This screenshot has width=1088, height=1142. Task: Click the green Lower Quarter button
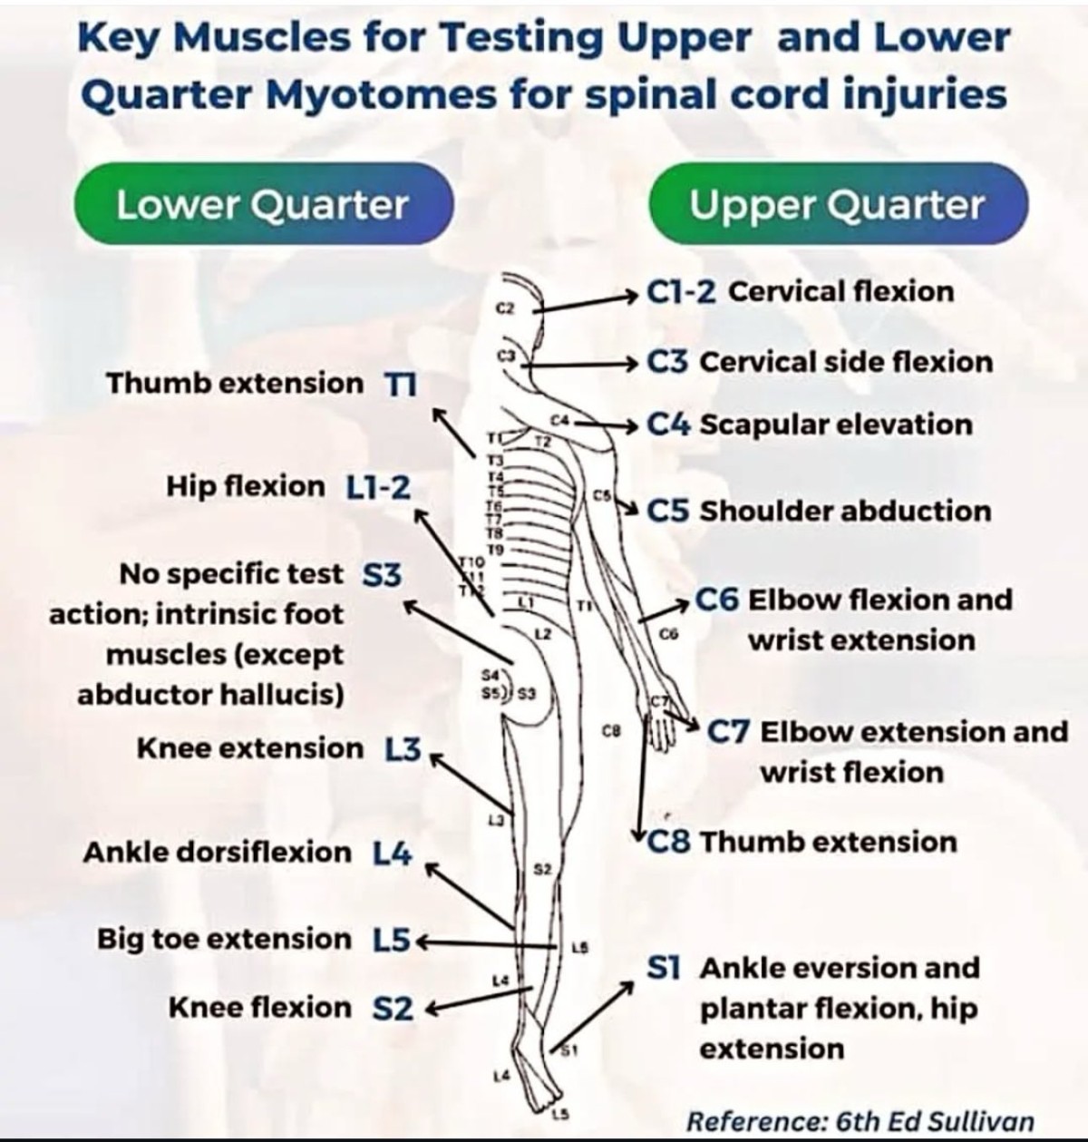pyautogui.click(x=262, y=205)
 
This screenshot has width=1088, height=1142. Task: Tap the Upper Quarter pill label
pyautogui.click(x=837, y=205)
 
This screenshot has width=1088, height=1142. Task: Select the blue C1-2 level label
pyautogui.click(x=682, y=292)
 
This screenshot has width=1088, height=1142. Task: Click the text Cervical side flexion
pyautogui.click(x=846, y=362)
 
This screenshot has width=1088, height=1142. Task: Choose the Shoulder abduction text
pyautogui.click(x=845, y=511)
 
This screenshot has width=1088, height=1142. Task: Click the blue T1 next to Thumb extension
pyautogui.click(x=399, y=384)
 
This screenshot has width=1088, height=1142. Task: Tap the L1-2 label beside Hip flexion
pyautogui.click(x=378, y=488)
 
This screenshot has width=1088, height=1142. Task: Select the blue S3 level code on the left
pyautogui.click(x=382, y=575)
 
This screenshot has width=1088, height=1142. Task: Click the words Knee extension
pyautogui.click(x=249, y=748)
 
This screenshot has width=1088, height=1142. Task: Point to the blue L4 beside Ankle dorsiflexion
pyautogui.click(x=393, y=854)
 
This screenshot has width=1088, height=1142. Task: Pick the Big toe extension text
pyautogui.click(x=224, y=939)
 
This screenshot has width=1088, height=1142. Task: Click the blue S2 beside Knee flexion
pyautogui.click(x=393, y=1009)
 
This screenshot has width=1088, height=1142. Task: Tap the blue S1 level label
pyautogui.click(x=664, y=968)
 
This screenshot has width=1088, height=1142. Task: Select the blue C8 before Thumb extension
pyautogui.click(x=670, y=843)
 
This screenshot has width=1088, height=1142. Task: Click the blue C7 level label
pyautogui.click(x=728, y=732)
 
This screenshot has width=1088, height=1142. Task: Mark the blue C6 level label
pyautogui.click(x=717, y=600)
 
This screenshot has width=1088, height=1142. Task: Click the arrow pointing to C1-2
pyautogui.click(x=589, y=300)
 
